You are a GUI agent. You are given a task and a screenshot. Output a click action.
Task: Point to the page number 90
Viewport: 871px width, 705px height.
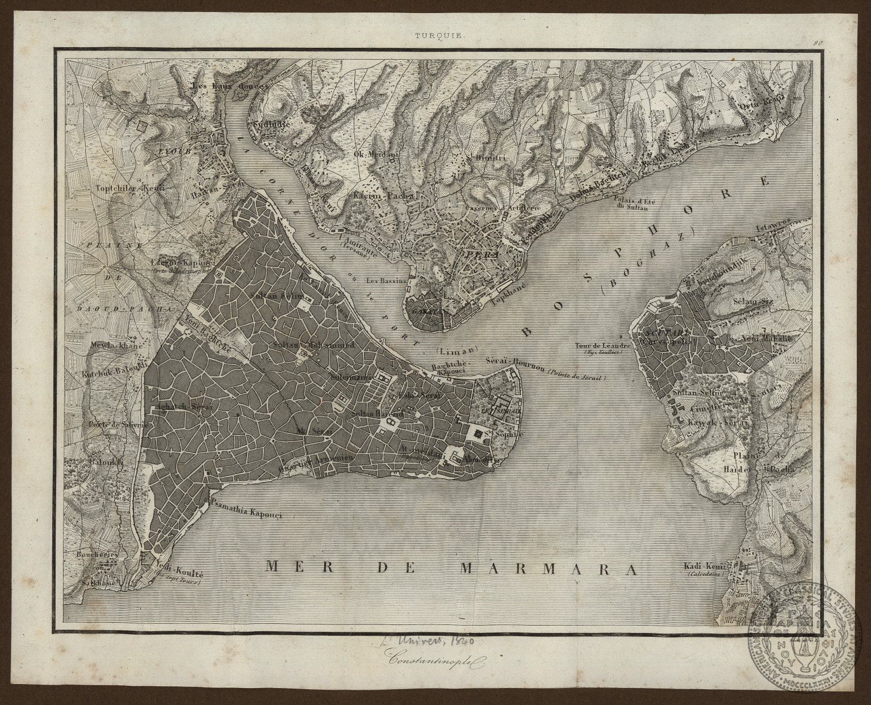[x=818, y=42]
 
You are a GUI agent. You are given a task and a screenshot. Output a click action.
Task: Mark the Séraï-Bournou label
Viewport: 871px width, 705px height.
[x=514, y=360]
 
